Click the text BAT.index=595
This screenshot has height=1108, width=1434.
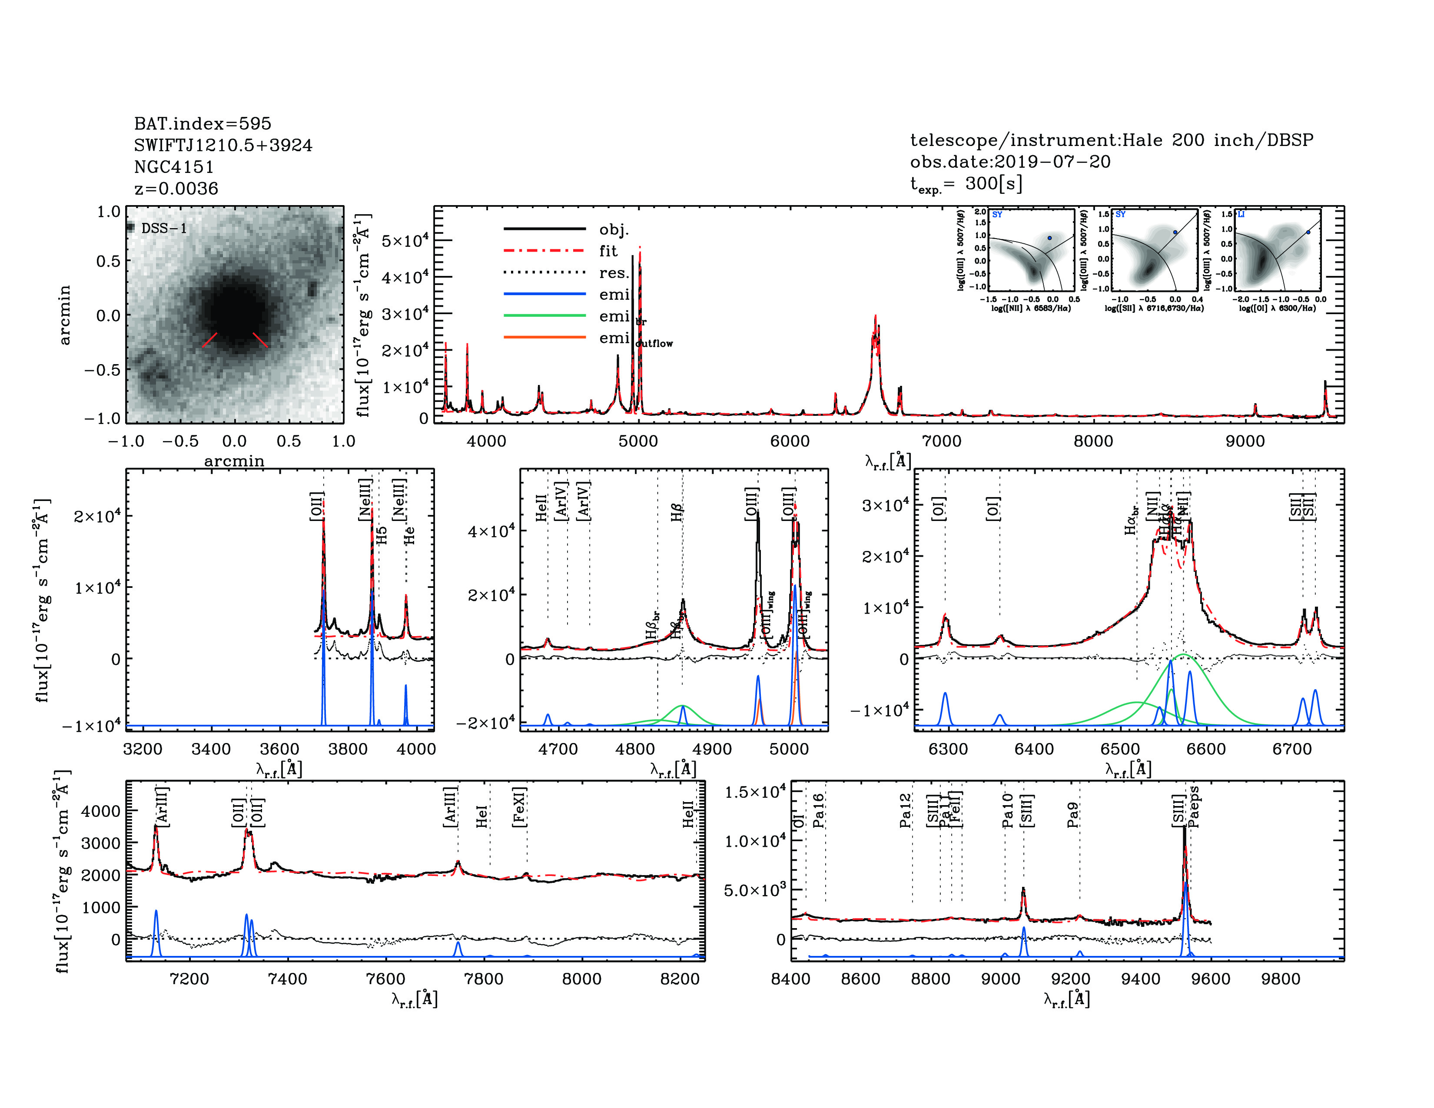(202, 123)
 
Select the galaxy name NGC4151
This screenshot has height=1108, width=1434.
(174, 167)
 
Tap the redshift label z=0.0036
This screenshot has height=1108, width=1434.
(176, 189)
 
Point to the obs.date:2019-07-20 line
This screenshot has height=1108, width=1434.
(1010, 162)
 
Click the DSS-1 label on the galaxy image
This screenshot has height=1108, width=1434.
(164, 229)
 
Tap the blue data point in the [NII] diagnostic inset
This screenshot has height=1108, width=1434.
(1049, 238)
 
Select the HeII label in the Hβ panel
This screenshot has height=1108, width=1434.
(541, 508)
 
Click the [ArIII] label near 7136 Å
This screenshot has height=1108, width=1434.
(162, 807)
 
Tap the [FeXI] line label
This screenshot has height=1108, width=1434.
(519, 807)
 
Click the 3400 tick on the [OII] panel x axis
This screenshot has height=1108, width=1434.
(211, 749)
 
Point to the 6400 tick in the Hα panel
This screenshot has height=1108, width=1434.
(1034, 749)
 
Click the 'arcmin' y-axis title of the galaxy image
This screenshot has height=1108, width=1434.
(64, 315)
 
